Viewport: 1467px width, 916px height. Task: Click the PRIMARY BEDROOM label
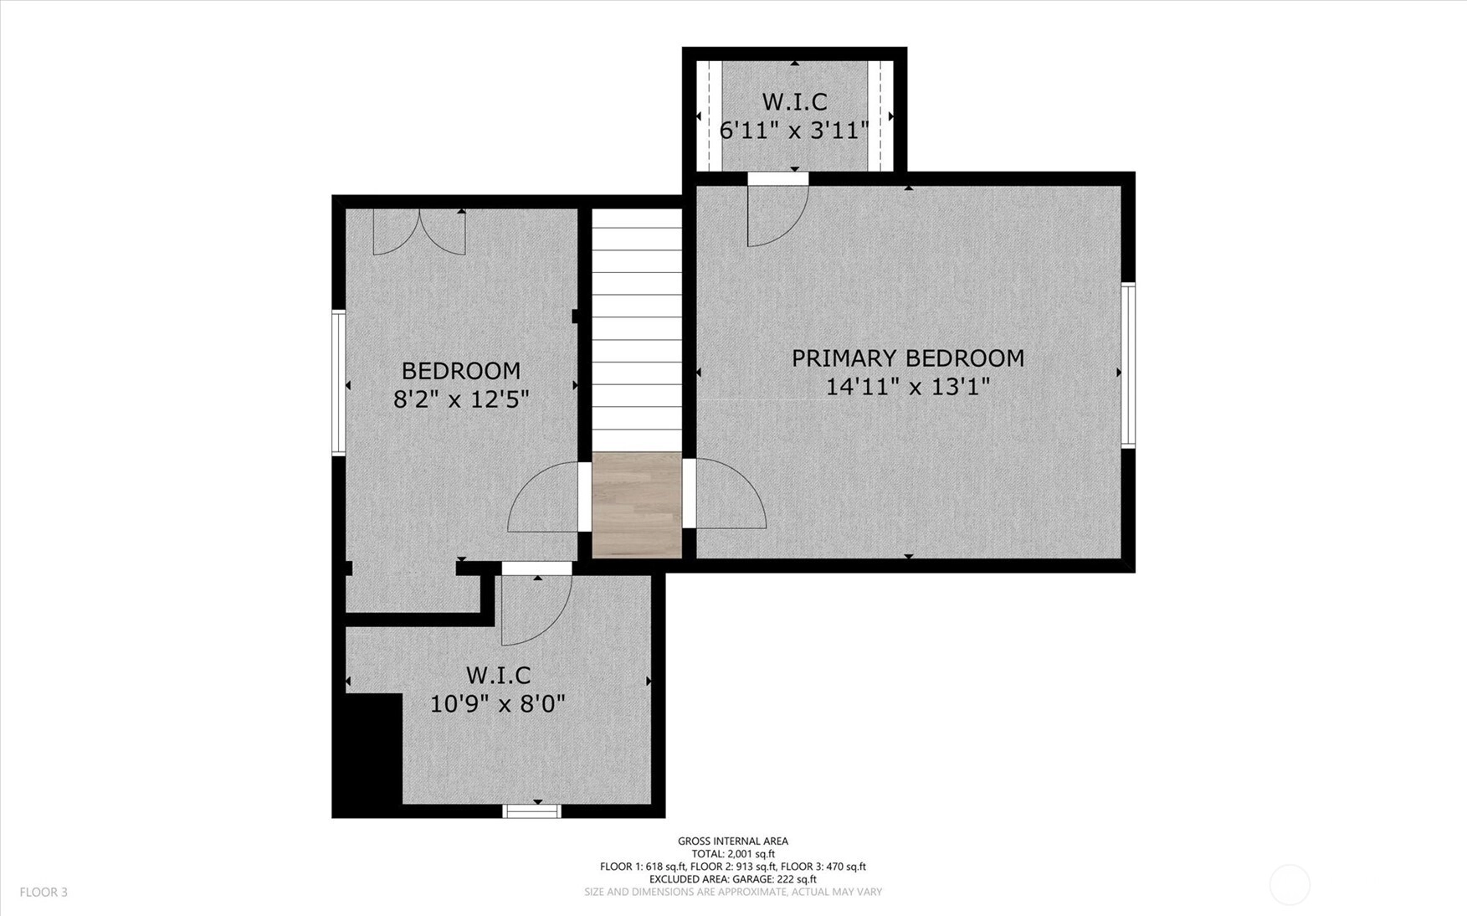908,358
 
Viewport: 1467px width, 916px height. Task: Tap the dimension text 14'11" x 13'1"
908,387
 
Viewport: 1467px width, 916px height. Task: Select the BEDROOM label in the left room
461,371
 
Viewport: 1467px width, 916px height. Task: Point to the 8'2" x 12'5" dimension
461,399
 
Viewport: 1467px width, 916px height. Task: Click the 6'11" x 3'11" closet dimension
794,131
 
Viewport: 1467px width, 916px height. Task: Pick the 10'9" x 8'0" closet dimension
498,703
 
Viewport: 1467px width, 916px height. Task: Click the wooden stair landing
637,505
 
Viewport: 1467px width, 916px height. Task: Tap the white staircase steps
637,330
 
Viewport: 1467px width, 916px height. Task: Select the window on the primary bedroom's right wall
1128,365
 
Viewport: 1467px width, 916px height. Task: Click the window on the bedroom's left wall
339,383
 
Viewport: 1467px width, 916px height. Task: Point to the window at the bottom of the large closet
531,811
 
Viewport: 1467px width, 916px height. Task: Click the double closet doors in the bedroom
419,232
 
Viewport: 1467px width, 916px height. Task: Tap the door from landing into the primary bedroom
725,494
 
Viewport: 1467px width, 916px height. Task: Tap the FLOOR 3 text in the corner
44,893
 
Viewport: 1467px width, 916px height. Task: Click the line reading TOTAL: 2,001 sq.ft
733,854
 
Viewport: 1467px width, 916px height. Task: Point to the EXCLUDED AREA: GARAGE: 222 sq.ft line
733,879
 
